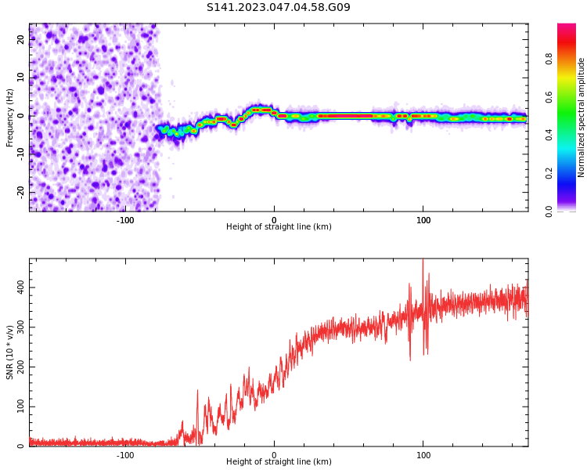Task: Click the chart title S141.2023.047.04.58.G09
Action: pos(278,8)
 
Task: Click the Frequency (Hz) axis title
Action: pos(10,117)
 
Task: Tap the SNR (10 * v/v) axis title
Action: pos(10,352)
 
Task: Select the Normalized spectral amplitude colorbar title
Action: pos(582,117)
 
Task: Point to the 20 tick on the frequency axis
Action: pos(21,40)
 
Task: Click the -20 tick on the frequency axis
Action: pos(21,191)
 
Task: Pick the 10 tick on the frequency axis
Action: pos(21,78)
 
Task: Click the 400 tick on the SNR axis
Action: pos(21,287)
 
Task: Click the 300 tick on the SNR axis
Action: pos(21,327)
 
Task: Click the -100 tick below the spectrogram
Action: pos(125,220)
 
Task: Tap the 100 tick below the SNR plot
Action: pos(423,455)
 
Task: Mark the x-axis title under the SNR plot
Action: pos(279,462)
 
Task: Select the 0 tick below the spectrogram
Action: pos(274,220)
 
